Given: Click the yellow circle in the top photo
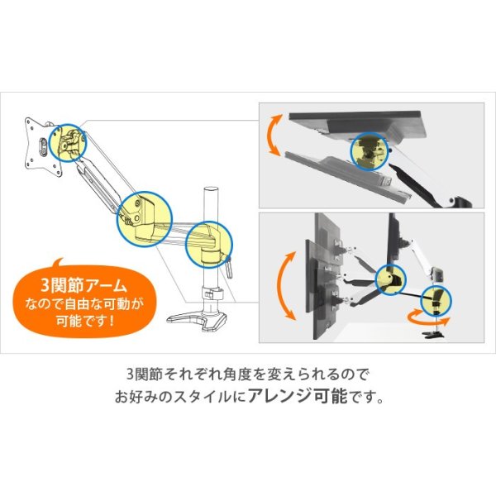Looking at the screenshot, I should click(x=370, y=152).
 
